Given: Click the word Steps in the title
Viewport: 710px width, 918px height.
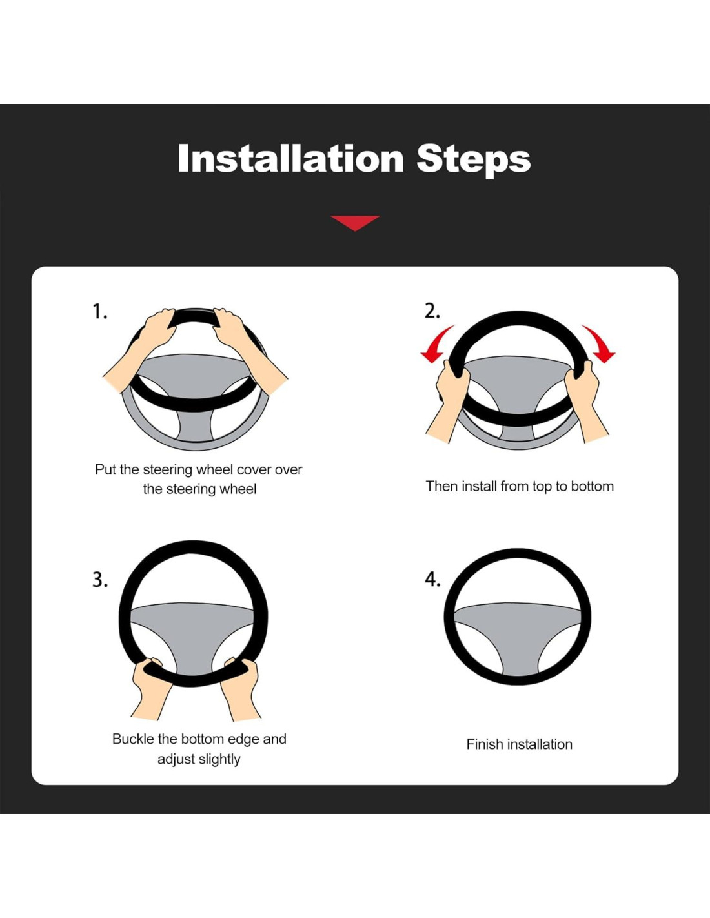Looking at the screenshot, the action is [474, 161].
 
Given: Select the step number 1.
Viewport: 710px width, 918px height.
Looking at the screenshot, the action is [99, 311].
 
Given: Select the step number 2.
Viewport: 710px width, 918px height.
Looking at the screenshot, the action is [432, 311].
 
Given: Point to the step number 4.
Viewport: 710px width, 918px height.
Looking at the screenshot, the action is [432, 580].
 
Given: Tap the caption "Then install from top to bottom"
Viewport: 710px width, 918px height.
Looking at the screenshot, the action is [520, 486].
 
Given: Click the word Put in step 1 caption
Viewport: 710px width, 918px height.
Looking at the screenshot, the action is [105, 469].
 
